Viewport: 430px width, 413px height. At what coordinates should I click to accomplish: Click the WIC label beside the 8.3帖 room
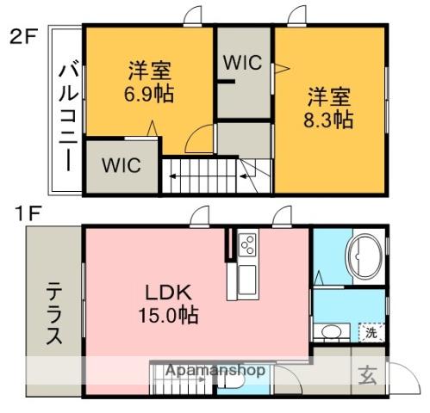[244, 62]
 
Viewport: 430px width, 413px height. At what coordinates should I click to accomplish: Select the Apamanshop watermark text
[215, 370]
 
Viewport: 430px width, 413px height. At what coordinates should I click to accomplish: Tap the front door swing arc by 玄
[399, 376]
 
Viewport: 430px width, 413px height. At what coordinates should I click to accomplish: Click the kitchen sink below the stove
[245, 277]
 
